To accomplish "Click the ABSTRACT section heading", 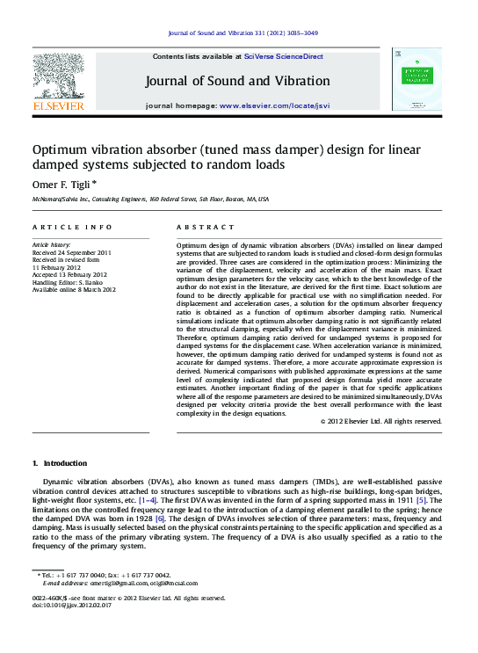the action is point(199,226).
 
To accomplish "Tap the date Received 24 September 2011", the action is point(72,251).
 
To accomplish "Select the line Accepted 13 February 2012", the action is point(70,274).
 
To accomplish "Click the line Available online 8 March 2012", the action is point(74,289).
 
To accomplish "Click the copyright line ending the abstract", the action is point(380,421).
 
